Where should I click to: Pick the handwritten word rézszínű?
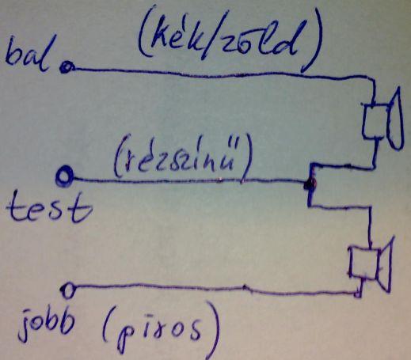point(179,157)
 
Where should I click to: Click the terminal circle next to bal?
point(66,68)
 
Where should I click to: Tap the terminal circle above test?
point(65,176)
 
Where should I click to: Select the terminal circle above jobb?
point(68,290)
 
